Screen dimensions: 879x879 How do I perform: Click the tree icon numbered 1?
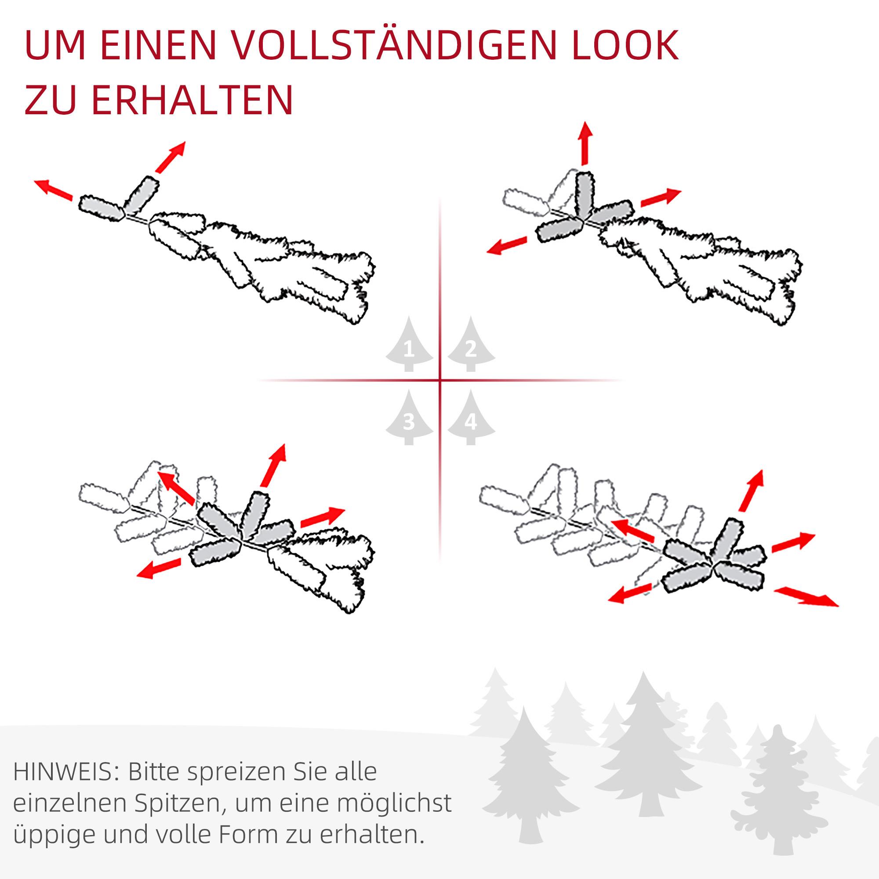(409, 346)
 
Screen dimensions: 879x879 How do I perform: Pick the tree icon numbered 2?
(471, 346)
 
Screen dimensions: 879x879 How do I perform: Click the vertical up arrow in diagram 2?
(585, 142)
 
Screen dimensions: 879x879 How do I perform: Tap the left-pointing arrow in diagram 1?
(53, 190)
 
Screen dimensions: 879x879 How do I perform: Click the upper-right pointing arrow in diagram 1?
(171, 156)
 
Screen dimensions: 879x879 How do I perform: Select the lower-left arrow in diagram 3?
(158, 569)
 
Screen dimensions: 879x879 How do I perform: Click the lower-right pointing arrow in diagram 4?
(806, 597)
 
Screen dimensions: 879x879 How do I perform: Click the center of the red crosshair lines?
(440, 379)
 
